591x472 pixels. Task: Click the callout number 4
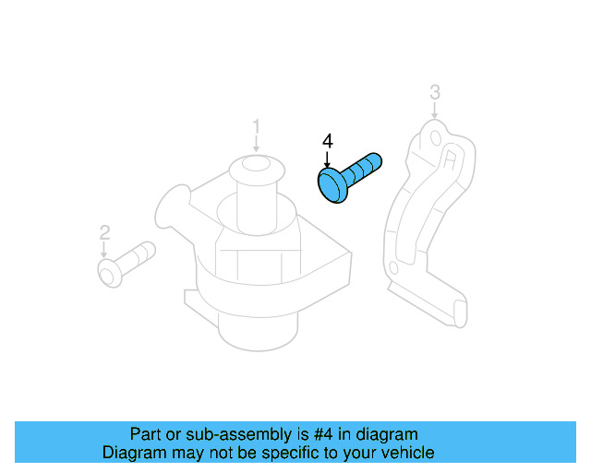[326, 141]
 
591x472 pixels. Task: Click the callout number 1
[257, 125]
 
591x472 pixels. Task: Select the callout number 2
[104, 231]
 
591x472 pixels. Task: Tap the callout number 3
[434, 91]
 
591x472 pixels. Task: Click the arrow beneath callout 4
[326, 159]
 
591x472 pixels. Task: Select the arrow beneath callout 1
[257, 144]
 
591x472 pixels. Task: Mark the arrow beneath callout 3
[434, 110]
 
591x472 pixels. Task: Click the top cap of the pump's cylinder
[258, 168]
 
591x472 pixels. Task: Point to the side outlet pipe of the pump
[174, 209]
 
